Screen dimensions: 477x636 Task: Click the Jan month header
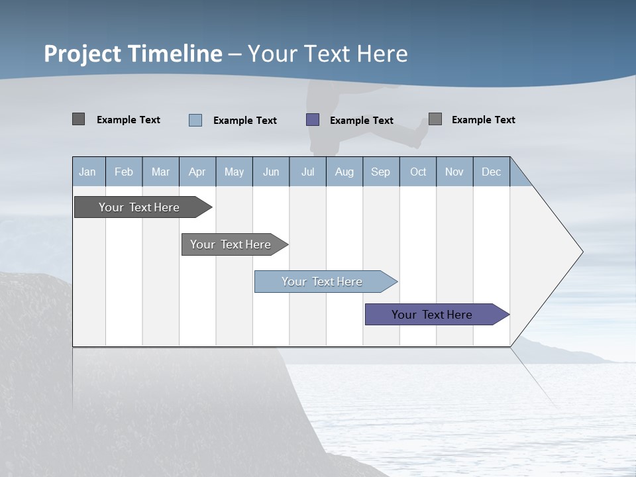point(87,172)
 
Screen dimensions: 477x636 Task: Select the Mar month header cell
point(160,172)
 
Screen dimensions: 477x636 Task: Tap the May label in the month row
point(234,172)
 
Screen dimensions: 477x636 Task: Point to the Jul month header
point(307,172)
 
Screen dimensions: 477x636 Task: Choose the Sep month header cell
point(380,172)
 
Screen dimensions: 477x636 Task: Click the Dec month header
point(491,172)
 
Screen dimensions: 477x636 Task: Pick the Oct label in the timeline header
point(418,172)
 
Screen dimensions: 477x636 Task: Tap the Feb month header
point(124,172)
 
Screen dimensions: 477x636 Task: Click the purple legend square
point(313,120)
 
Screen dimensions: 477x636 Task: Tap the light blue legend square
point(195,120)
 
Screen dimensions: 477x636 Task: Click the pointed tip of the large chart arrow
point(581,252)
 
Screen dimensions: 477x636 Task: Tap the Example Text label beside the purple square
point(362,121)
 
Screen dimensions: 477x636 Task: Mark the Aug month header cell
point(344,172)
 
